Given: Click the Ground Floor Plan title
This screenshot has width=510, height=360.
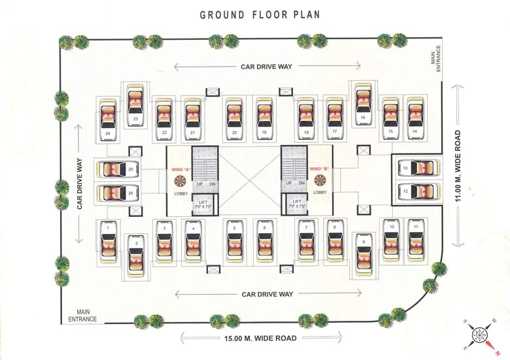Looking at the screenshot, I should (x=260, y=14).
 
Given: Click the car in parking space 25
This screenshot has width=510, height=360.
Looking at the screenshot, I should (x=118, y=169).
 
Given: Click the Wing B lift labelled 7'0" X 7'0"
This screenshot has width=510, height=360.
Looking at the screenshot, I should (x=297, y=206).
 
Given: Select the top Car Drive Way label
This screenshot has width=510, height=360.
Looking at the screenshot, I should (x=266, y=66).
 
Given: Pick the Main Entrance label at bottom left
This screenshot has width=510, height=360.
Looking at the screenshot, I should (x=82, y=316).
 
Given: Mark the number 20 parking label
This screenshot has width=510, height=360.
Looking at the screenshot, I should (x=234, y=133).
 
